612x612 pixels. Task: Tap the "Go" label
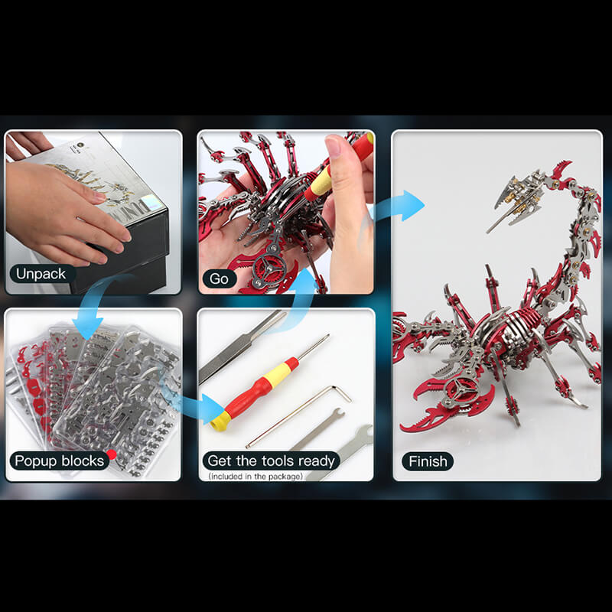(219, 279)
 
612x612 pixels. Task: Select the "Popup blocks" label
(59, 461)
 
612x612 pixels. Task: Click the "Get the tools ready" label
(271, 461)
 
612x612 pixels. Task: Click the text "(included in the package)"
(256, 476)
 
